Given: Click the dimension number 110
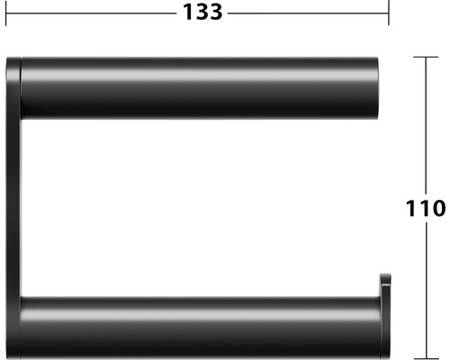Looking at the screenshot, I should click(x=422, y=208).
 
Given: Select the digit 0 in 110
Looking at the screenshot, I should click(x=437, y=208).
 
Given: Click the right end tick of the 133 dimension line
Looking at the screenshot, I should click(x=388, y=13).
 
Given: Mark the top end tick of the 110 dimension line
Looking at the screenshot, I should click(x=426, y=57).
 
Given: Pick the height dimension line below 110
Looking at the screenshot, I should click(x=426, y=288).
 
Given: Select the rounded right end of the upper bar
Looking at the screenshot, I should click(x=380, y=87).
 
